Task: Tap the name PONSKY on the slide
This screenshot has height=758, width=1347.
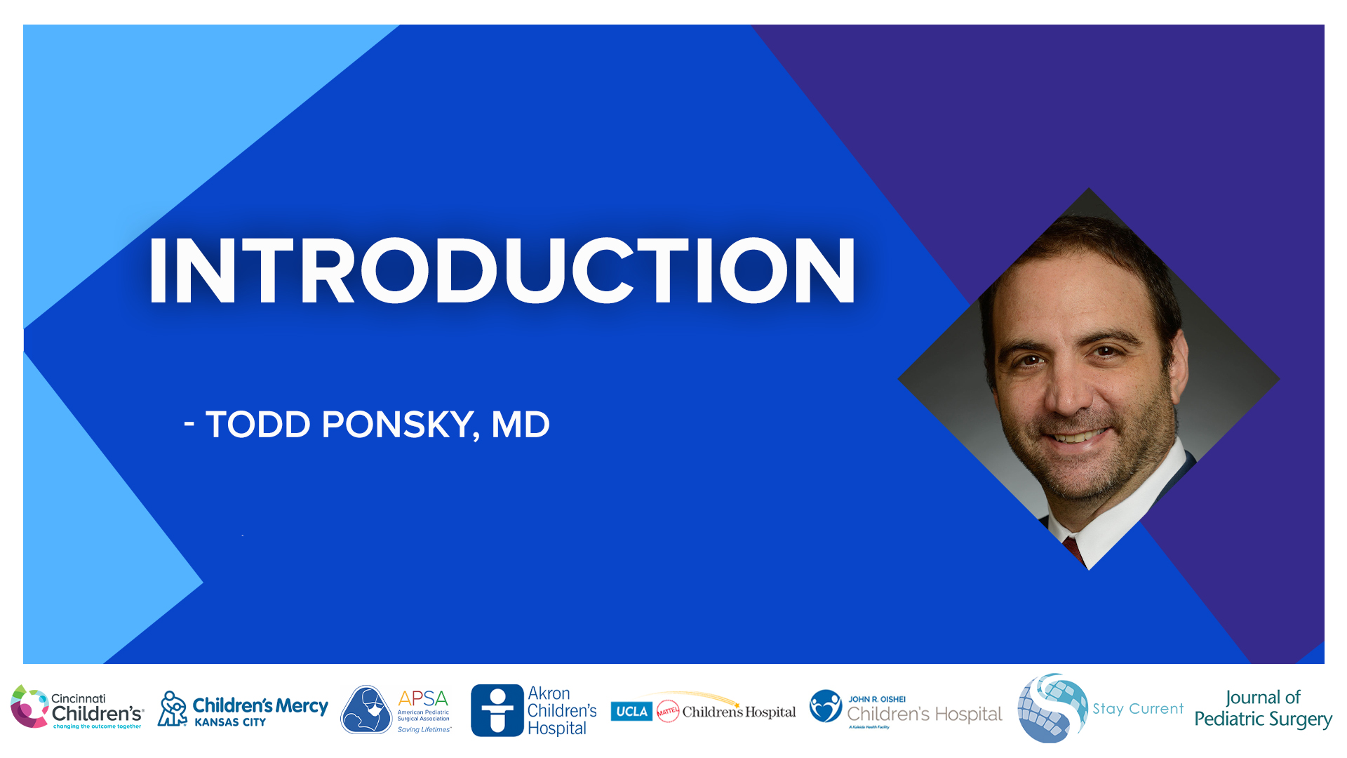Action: pos(397,425)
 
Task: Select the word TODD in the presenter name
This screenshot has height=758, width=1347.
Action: pos(257,425)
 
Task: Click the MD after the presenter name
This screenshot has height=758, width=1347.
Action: pos(521,425)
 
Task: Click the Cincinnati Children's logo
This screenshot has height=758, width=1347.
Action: pos(77,707)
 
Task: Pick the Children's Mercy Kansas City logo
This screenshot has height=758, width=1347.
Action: pos(243,710)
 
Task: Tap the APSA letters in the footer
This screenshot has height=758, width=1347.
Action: pos(422,698)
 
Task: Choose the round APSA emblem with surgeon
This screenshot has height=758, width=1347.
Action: pos(366,710)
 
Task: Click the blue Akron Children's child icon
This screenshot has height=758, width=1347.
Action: pos(497,710)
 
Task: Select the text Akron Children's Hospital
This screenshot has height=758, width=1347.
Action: pos(561,710)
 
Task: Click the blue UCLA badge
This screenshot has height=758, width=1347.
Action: pos(631,711)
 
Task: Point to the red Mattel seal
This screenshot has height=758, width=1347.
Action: pos(668,711)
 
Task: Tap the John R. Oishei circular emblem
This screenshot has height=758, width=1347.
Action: pos(825,706)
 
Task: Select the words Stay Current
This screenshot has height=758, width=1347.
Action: pos(1137,709)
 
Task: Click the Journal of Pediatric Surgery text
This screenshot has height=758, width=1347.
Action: pos(1263,708)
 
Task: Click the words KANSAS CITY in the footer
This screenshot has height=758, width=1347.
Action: pos(230,722)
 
